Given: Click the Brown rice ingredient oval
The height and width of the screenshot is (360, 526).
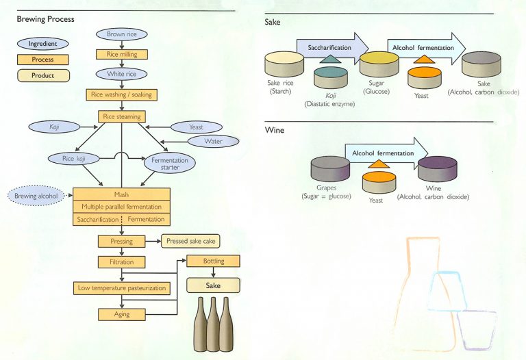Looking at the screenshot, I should [121, 34].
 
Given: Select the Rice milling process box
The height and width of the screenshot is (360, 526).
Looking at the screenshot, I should [121, 53].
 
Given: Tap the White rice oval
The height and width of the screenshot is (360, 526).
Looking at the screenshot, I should [121, 74].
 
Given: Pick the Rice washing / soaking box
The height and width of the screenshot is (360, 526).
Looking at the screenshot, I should [121, 94].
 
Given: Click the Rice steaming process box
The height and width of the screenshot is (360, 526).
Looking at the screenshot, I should [121, 116].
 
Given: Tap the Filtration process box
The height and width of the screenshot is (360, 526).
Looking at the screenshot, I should [121, 261].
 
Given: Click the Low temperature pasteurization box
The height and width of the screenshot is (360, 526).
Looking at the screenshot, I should [121, 288].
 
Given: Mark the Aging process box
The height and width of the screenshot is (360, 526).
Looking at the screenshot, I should [121, 314].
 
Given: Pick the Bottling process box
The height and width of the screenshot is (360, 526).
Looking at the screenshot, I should [214, 261].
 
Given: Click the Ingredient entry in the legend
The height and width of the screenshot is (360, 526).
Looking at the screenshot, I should [42, 43].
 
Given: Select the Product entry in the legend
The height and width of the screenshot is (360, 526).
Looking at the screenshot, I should [42, 75].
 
